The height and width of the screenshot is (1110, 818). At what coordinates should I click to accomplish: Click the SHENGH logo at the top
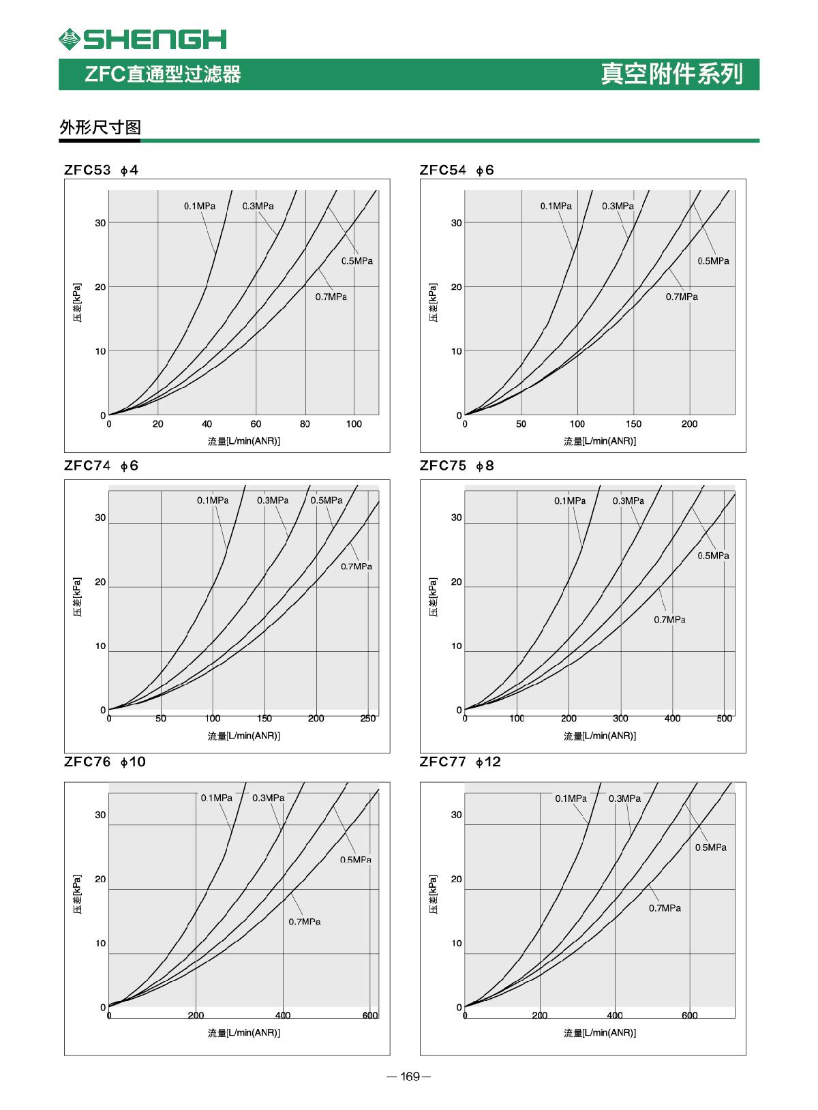[x=142, y=39]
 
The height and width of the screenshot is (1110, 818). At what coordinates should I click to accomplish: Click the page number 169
[x=409, y=1077]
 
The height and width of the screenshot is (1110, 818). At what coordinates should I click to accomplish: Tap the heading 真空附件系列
[x=671, y=74]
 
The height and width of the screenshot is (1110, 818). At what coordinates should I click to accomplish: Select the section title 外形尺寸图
[x=100, y=127]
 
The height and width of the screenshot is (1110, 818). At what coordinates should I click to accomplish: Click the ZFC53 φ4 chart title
[x=101, y=170]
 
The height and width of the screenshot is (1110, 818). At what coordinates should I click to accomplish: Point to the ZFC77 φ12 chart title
[x=460, y=762]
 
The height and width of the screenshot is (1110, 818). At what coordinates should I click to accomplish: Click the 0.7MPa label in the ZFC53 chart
[x=331, y=297]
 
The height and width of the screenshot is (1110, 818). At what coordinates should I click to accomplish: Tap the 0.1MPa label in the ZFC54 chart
[x=556, y=206]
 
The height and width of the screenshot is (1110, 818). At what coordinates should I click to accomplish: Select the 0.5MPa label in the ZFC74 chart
[x=327, y=500]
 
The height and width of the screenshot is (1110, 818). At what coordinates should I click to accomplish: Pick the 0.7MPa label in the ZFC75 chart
[x=669, y=620]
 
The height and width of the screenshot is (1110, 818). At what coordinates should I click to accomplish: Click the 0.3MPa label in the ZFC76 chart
[x=269, y=798]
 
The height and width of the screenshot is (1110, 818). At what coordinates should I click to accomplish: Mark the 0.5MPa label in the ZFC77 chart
[x=710, y=847]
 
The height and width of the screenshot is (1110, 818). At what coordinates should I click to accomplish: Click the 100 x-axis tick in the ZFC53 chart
[x=354, y=424]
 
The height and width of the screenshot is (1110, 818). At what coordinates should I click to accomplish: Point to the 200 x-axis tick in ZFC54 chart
[x=689, y=424]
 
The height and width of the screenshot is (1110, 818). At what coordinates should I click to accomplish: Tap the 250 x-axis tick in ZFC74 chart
[x=367, y=719]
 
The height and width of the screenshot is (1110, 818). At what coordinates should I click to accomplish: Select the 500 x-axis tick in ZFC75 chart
[x=724, y=719]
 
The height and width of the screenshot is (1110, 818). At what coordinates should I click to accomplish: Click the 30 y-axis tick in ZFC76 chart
[x=100, y=815]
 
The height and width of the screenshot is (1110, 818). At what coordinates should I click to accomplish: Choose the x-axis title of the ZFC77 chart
[x=600, y=1033]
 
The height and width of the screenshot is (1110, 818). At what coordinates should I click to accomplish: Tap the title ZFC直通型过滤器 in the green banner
[x=163, y=74]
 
